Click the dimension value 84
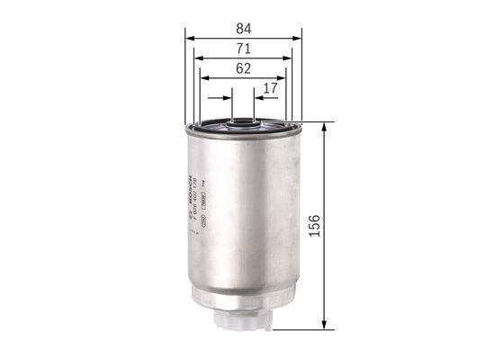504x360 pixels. [x=244, y=28]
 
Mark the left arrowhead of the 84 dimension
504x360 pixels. [x=188, y=38]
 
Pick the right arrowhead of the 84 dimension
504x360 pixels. [x=298, y=38]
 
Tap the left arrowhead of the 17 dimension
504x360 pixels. [x=229, y=99]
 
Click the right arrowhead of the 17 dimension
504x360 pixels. [x=257, y=99]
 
